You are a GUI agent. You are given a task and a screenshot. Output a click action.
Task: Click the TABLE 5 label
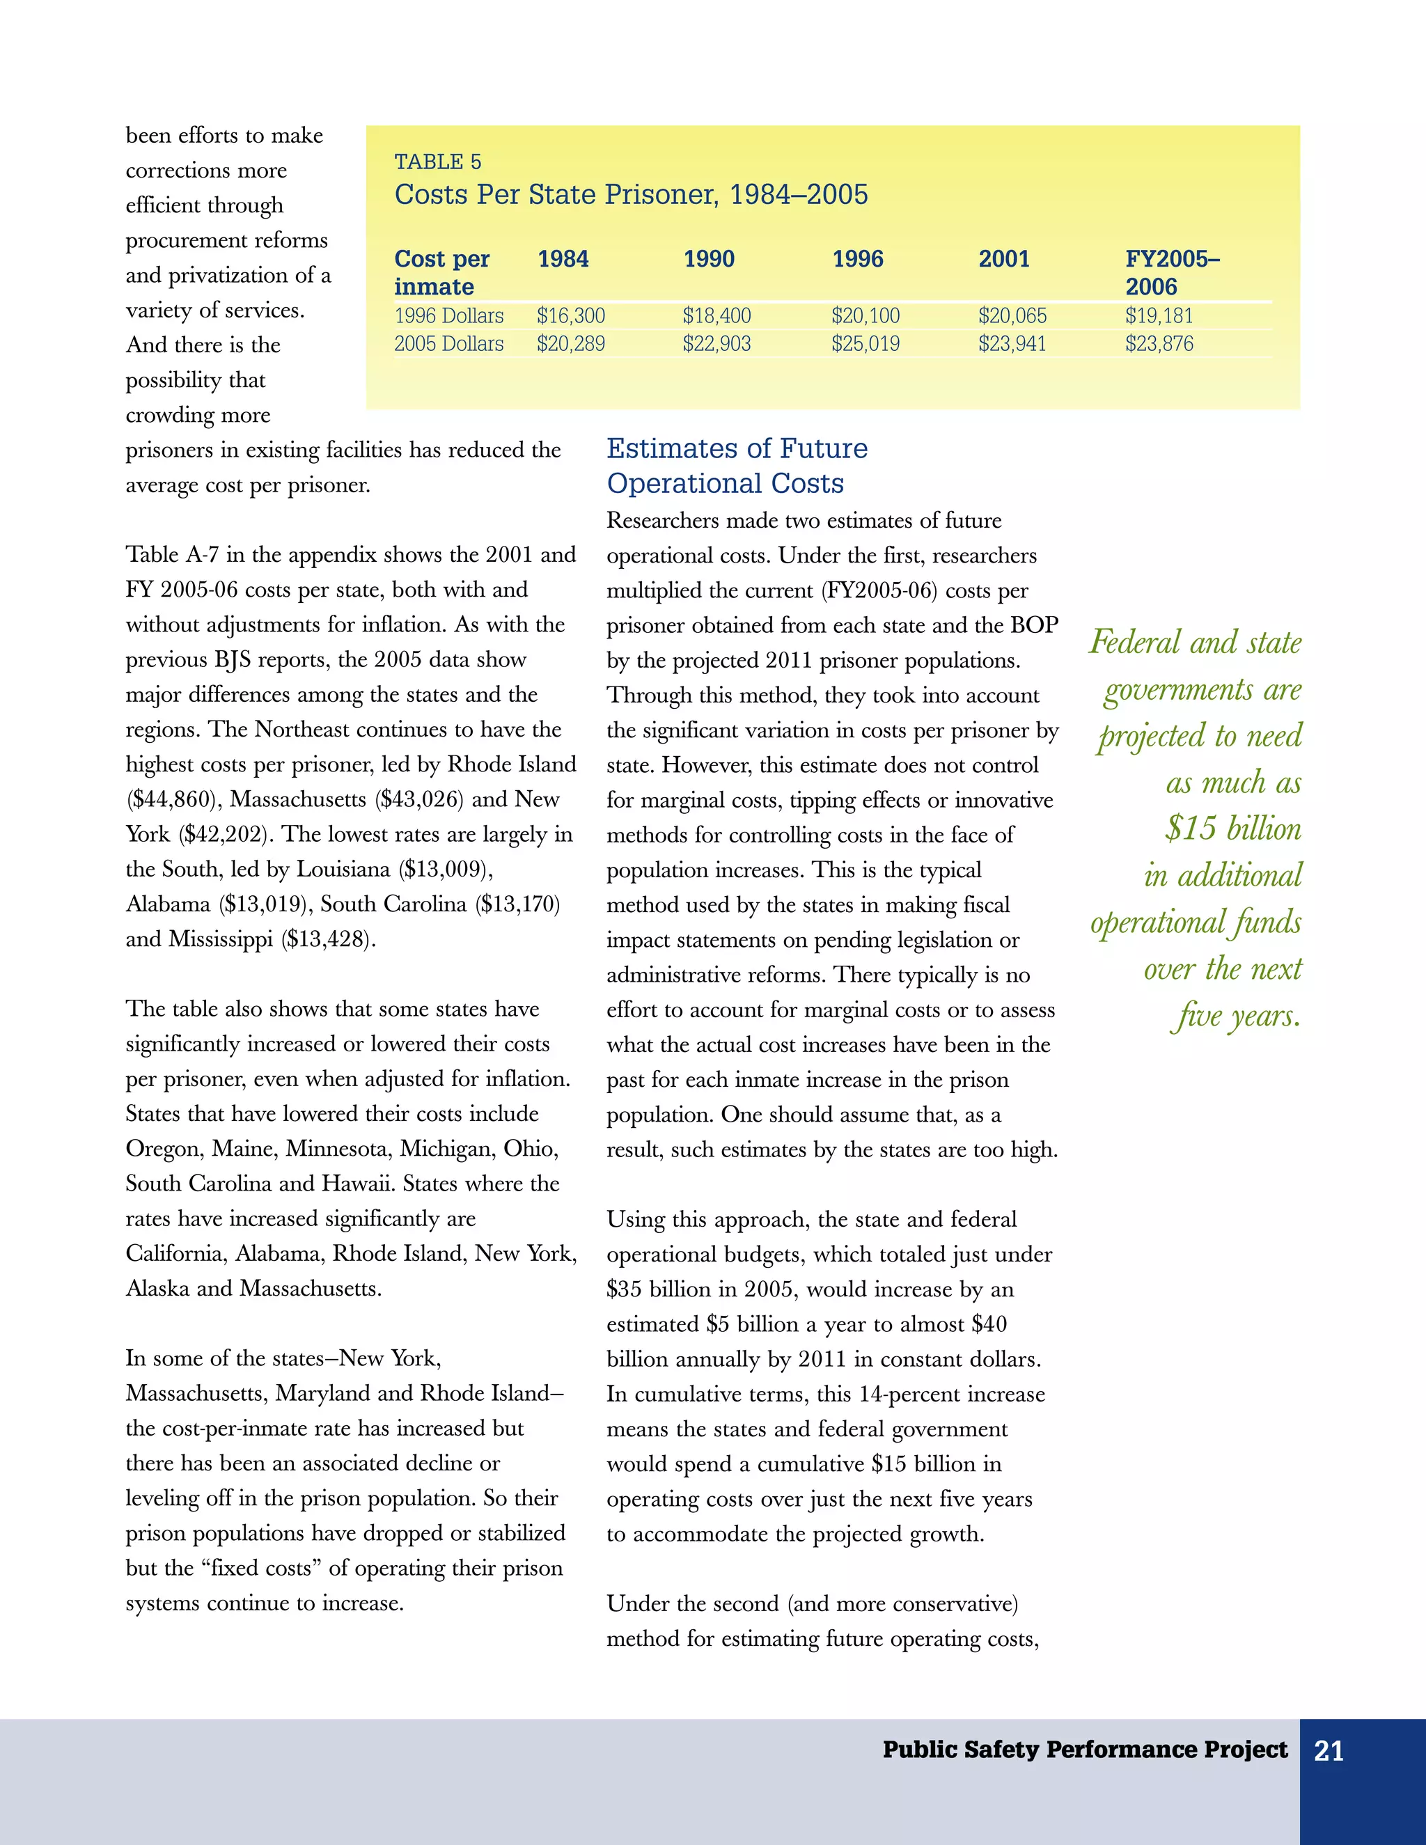437,162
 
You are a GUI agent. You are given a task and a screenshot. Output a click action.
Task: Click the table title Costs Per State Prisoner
630,194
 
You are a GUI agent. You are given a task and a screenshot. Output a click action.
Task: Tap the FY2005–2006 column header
1172,272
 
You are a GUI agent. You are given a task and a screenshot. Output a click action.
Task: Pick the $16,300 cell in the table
570,316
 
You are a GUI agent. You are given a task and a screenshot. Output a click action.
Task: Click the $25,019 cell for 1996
865,344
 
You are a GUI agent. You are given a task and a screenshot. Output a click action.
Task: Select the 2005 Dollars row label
448,344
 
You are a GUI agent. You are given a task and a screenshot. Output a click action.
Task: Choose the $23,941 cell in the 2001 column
1012,344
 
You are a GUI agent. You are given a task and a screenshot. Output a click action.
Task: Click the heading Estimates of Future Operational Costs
737,466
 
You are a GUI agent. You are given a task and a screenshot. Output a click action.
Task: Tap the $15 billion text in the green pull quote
1232,829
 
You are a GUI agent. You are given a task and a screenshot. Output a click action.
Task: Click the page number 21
1329,1751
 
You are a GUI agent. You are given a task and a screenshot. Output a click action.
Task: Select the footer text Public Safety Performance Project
1085,1750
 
